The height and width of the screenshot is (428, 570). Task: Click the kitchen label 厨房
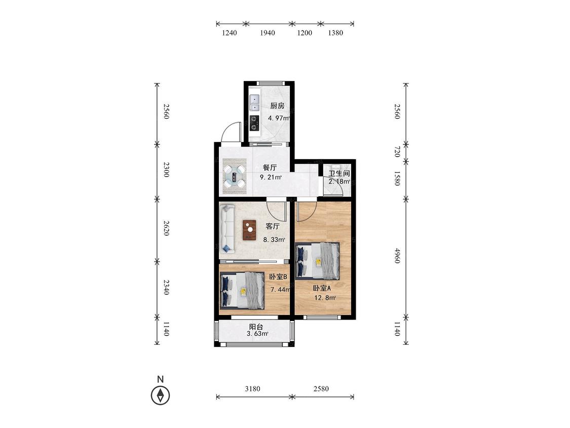click(x=277, y=106)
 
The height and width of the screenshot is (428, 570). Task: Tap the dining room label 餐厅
click(x=270, y=167)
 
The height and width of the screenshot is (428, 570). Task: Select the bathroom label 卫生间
click(x=339, y=173)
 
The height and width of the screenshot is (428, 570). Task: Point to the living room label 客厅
click(x=273, y=226)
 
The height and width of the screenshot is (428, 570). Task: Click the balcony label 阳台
click(x=256, y=327)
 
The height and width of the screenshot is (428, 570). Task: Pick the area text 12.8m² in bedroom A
click(x=325, y=298)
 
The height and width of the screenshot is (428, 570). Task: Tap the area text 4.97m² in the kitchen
click(x=279, y=118)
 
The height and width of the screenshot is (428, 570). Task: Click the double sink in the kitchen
click(x=254, y=102)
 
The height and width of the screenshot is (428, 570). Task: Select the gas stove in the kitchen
click(x=254, y=123)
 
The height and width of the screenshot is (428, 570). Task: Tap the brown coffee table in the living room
click(x=249, y=230)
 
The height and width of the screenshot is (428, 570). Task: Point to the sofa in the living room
click(x=227, y=228)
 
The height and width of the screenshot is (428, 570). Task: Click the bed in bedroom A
click(x=318, y=261)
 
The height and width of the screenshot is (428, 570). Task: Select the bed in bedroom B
click(x=242, y=291)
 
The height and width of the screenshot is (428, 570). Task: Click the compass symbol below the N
click(x=160, y=395)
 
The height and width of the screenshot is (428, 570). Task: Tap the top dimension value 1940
click(x=267, y=33)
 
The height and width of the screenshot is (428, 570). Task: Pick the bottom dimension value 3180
click(x=252, y=388)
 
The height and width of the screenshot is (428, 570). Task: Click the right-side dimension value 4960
click(x=397, y=256)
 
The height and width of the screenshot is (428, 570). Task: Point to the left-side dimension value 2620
click(x=166, y=228)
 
